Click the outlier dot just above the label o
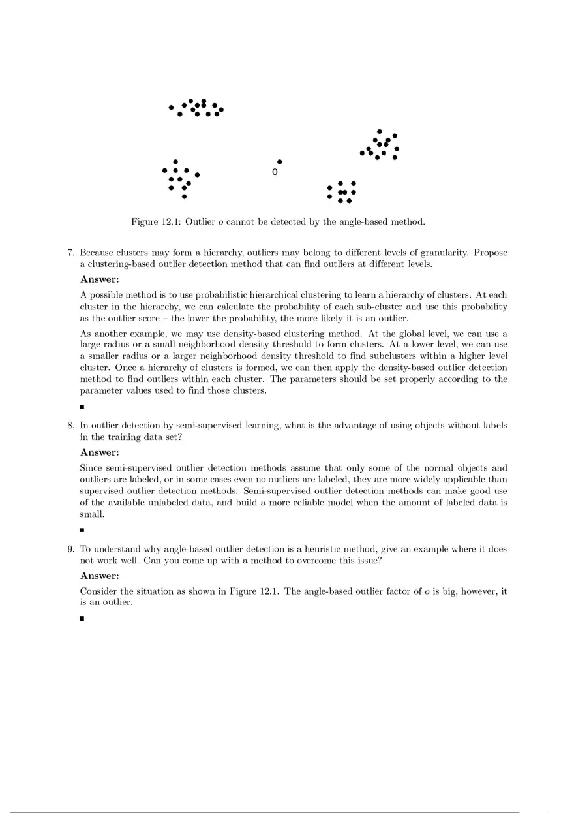click(280, 161)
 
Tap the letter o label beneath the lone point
click(275, 172)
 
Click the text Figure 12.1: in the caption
click(157, 222)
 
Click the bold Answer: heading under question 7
click(100, 280)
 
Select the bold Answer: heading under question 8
click(100, 452)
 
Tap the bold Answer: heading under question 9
click(100, 576)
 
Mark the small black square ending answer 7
click(82, 407)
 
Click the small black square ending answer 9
click(82, 618)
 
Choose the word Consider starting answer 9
click(99, 591)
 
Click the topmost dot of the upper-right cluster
click(380, 131)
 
